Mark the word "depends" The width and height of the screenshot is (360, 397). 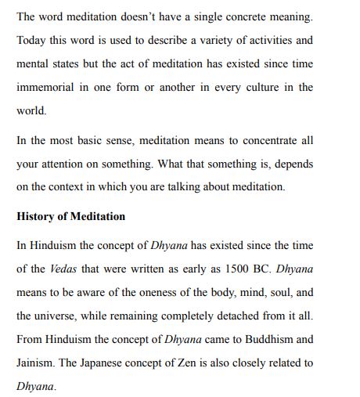coord(294,164)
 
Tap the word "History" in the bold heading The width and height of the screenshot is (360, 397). coord(37,216)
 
